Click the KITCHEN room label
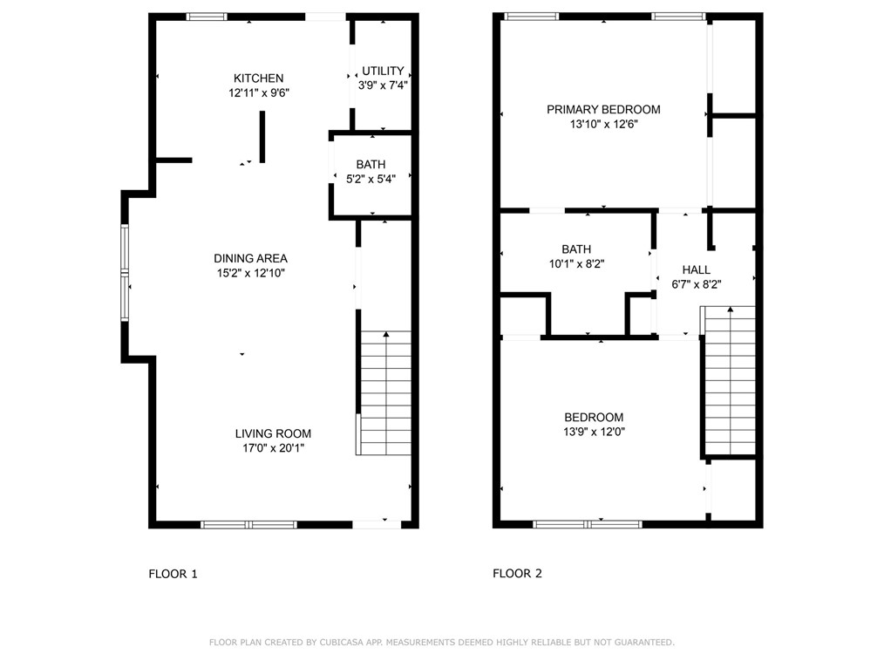tap(258, 78)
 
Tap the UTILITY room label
tap(383, 71)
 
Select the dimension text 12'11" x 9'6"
tap(258, 92)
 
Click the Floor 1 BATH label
tap(371, 165)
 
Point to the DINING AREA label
tap(250, 258)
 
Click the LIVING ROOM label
tap(273, 433)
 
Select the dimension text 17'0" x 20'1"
tap(273, 448)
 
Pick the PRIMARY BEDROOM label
tap(603, 109)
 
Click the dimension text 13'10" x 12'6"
tap(603, 124)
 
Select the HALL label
tap(696, 269)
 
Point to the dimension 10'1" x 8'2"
tap(576, 263)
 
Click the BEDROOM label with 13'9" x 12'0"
tap(594, 417)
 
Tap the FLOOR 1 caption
tap(173, 574)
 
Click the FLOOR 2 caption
tap(517, 574)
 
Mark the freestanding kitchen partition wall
tap(262, 137)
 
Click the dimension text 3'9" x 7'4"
tap(383, 85)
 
